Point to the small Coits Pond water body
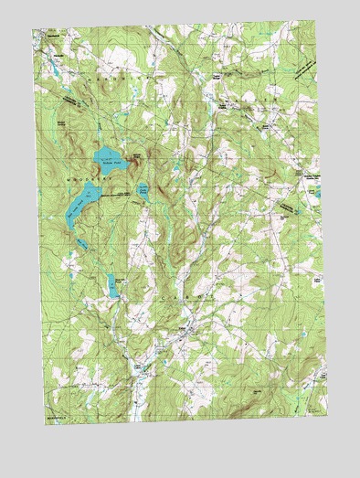143,191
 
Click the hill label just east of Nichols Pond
137,157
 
